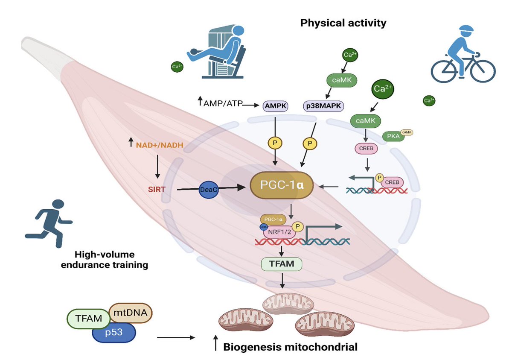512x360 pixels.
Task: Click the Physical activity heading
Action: (343, 23)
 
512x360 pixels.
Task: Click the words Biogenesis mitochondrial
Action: (291, 347)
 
